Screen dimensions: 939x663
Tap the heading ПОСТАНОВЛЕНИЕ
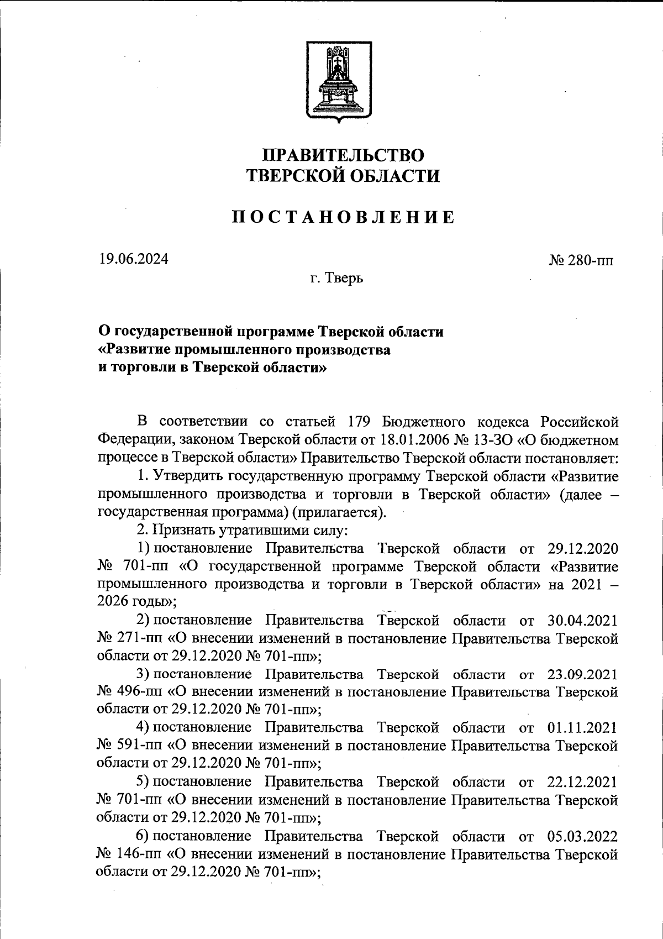tap(343, 217)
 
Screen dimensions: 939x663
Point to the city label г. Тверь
tap(336, 278)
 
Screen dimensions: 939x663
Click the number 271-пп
tap(139, 638)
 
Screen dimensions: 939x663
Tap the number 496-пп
tap(139, 692)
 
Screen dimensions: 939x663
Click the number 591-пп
tap(139, 746)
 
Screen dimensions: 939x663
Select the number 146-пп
tap(139, 854)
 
